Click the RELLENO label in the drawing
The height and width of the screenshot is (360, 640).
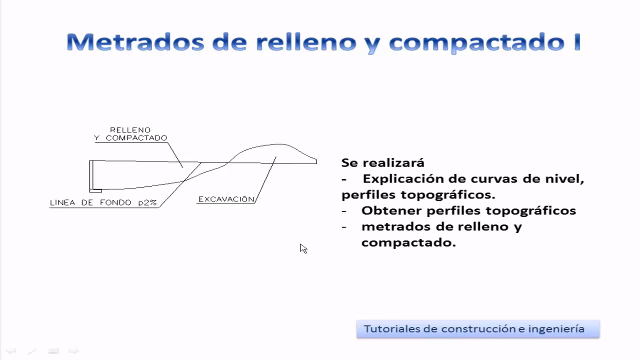(130, 130)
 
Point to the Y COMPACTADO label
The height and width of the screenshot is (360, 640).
(130, 138)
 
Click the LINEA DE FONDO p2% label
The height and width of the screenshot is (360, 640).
(103, 203)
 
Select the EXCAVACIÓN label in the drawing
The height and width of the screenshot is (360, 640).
(226, 199)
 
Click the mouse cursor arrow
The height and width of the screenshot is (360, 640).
(303, 248)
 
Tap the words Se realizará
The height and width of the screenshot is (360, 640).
(382, 162)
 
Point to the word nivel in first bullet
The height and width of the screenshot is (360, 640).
(565, 178)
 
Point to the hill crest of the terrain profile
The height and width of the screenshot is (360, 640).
(272, 144)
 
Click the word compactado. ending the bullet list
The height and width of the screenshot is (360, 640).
(408, 242)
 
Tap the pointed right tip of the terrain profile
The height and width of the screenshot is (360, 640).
(316, 161)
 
